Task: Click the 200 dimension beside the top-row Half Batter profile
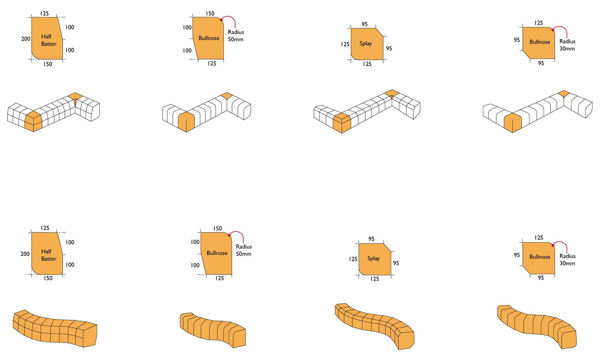coord(26,39)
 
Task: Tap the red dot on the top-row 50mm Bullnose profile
coord(221,20)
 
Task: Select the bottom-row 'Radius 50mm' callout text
coord(243,250)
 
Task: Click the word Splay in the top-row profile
coord(366,44)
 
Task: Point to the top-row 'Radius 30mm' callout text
coord(567,45)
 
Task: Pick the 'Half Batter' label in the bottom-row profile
coord(49,255)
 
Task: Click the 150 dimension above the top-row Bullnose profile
coord(210,13)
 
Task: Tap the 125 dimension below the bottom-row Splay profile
coord(375,279)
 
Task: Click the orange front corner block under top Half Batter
coord(34,121)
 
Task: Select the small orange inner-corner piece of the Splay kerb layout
coord(392,93)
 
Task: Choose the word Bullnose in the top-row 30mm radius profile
coord(540,42)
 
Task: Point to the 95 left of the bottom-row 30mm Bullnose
coord(517,255)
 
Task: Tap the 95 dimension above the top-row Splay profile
coord(365,24)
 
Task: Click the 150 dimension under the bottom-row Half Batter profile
coord(48,278)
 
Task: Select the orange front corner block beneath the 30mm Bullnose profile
coord(513,123)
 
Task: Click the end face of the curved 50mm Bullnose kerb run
coord(239,338)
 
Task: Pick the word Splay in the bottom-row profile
coord(373,259)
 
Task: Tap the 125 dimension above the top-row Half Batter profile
coord(44,13)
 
